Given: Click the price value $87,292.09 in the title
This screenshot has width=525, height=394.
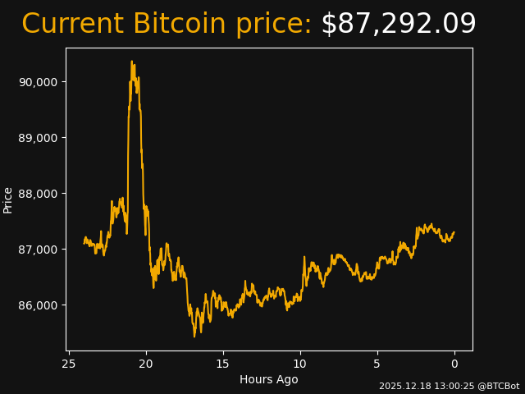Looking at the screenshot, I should point(398,25).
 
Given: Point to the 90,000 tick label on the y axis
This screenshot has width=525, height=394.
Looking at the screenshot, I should point(38,82).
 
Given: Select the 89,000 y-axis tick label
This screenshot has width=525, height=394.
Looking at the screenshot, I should point(38,138).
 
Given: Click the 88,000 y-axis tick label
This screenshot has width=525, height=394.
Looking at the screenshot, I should point(38,194).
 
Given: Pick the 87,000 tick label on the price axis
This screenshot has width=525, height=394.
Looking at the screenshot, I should point(38,250).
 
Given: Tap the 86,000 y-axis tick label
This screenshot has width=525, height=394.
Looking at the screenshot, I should point(38,305).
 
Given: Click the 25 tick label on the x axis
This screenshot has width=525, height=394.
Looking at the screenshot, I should point(69,364).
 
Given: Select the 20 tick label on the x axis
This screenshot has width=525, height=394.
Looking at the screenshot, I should point(146,364).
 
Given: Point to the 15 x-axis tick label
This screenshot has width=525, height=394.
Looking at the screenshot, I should point(223,364).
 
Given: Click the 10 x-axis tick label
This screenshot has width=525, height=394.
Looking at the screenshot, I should point(300,364).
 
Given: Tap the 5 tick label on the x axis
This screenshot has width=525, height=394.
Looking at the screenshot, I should point(377,364).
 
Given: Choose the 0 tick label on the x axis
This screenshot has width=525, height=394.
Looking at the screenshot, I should point(454,364).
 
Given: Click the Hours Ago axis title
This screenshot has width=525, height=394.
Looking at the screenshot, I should point(269,379).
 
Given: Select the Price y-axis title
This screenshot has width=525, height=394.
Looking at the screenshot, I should point(8,199).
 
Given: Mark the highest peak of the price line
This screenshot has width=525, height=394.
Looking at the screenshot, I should point(131,61).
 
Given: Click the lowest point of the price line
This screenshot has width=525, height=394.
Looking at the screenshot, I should point(194,336).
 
